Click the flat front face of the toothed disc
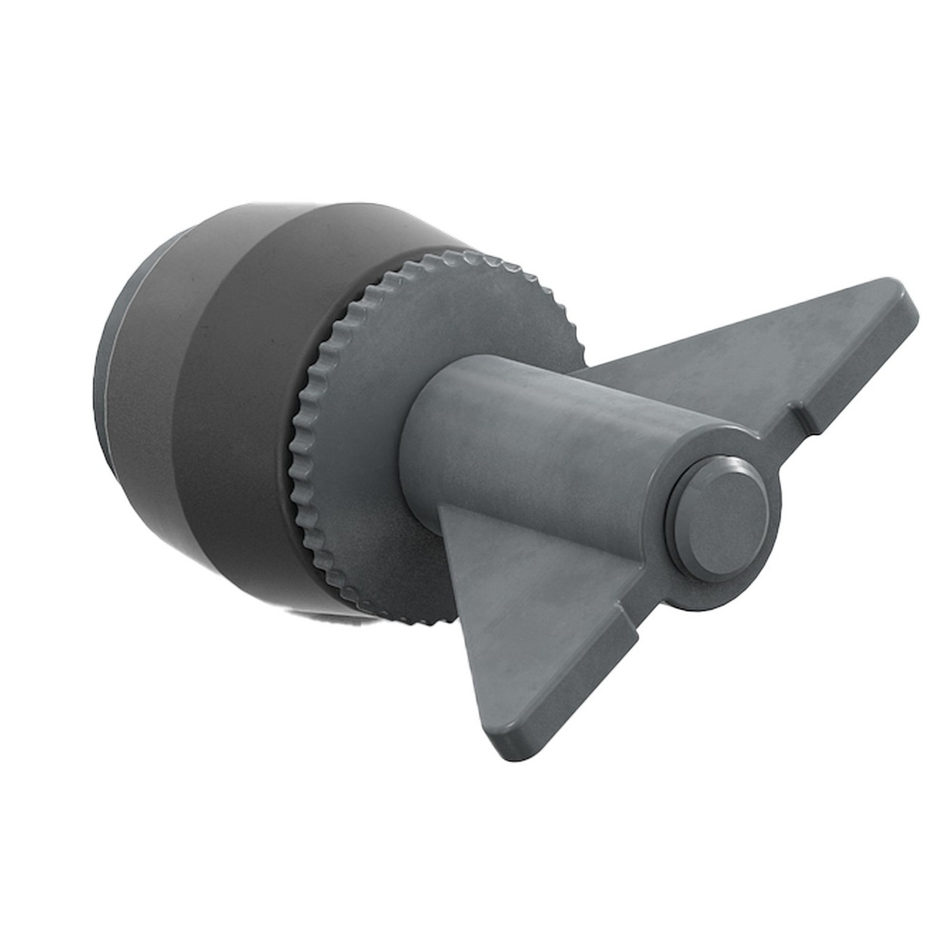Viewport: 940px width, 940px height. [x=421, y=338]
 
